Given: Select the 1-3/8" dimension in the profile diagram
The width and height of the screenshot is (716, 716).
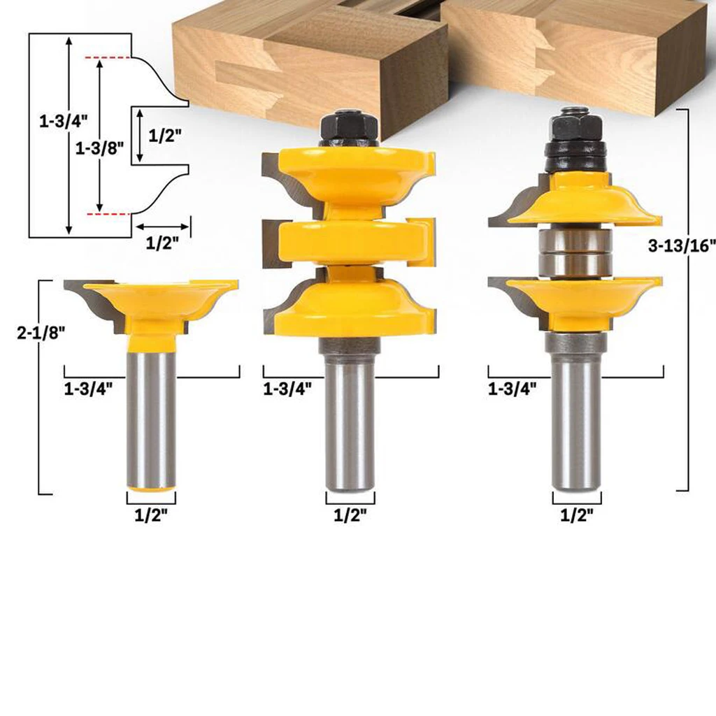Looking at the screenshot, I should [x=100, y=148].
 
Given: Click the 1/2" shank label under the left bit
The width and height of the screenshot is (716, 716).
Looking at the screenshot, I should [x=151, y=516].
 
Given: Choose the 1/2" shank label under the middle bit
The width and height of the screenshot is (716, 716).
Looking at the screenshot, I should [x=350, y=516].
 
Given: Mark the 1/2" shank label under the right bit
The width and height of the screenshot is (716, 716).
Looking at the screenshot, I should [x=576, y=516].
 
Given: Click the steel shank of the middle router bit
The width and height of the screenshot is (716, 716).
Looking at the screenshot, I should [x=350, y=420].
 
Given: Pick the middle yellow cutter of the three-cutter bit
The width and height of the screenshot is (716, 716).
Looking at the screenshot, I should [x=350, y=241].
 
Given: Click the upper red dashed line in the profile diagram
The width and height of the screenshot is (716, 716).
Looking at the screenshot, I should [x=106, y=58].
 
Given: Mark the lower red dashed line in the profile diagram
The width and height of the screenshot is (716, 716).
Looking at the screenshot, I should [x=106, y=212].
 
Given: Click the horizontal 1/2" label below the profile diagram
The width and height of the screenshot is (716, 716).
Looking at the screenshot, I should [x=162, y=243].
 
